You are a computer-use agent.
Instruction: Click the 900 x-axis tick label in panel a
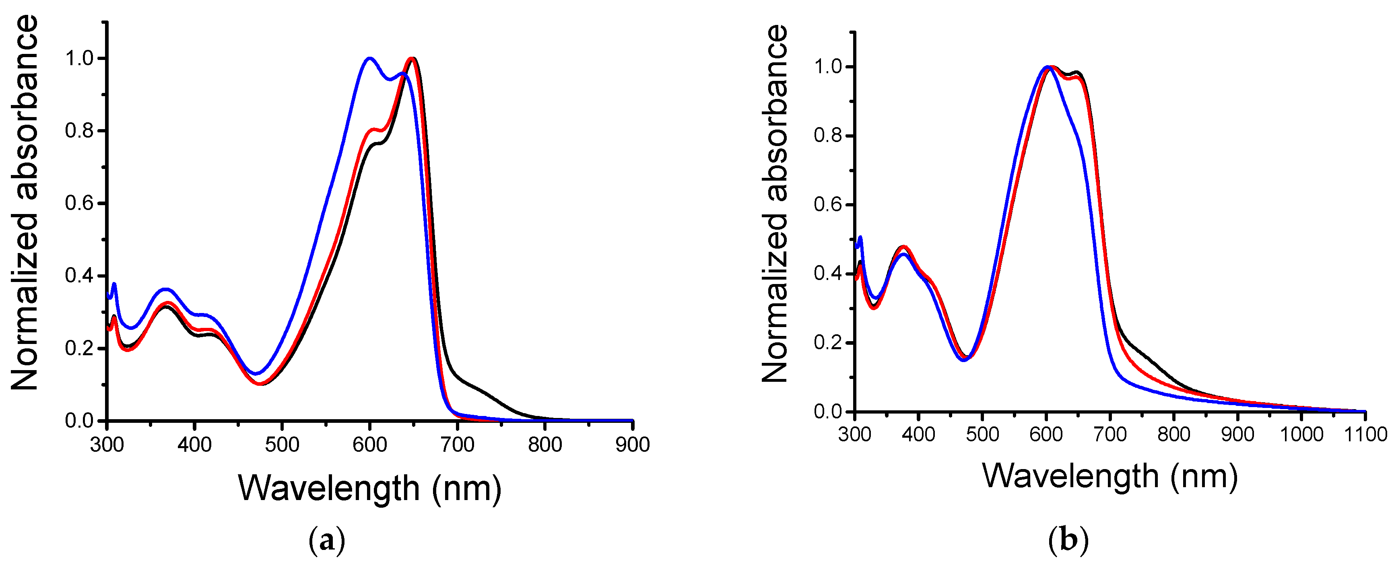[632, 445]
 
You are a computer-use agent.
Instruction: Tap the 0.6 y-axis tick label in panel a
[80, 203]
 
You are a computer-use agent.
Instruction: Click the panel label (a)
[326, 540]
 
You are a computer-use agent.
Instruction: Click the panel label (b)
[1068, 540]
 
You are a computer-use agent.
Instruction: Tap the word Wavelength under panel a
[328, 488]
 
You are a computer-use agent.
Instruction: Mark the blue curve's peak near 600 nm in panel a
[369, 58]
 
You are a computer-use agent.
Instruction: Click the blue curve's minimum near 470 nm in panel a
[256, 373]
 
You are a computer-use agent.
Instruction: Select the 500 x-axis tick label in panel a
[282, 445]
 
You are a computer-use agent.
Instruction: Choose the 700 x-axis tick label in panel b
[1110, 434]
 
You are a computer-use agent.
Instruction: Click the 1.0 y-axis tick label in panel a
[80, 58]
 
